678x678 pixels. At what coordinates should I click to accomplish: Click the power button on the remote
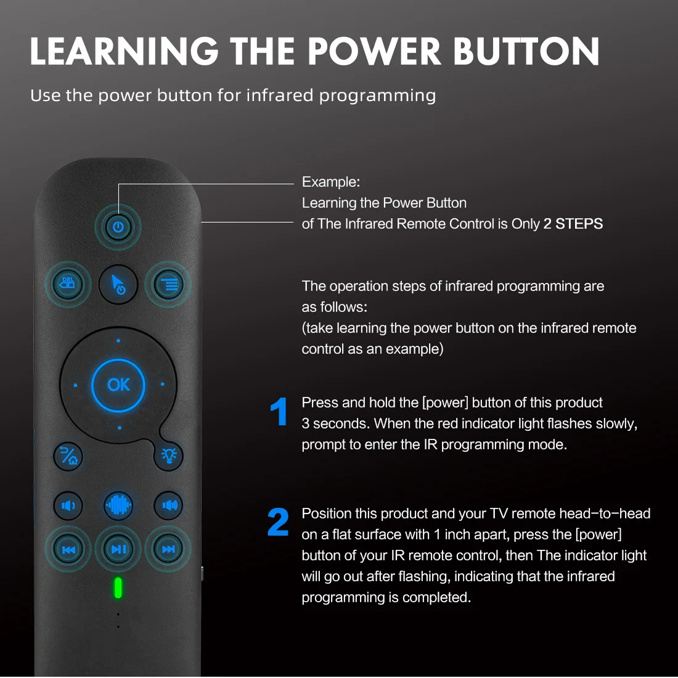118,227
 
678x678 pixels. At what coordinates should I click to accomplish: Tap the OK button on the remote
118,385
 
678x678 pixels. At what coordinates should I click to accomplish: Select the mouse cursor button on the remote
118,284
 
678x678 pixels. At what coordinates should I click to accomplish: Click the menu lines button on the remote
168,284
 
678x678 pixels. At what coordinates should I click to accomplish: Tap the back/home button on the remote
68,456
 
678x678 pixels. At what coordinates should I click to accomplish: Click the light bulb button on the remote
168,455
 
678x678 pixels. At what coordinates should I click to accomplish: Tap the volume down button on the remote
68,505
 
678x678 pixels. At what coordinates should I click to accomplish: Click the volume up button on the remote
168,505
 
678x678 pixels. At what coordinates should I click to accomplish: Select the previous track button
68,549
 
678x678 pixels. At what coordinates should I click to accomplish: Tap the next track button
168,549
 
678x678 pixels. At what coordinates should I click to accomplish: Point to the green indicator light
118,588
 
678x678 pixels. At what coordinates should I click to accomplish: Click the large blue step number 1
279,412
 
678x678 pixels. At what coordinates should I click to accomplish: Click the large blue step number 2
278,523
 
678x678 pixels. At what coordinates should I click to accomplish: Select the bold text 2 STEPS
573,224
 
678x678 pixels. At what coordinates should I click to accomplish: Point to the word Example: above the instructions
330,182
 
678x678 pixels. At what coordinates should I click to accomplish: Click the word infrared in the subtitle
279,96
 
